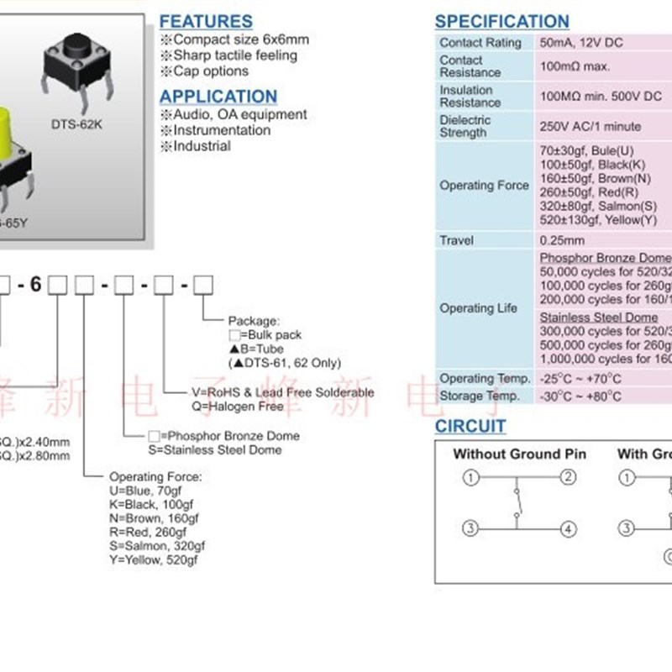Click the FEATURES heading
click(206, 21)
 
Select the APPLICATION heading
click(218, 96)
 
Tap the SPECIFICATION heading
click(501, 22)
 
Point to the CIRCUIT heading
click(470, 427)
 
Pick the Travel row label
click(456, 240)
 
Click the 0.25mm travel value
click(561, 240)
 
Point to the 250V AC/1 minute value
click(590, 126)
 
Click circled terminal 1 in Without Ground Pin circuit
click(471, 478)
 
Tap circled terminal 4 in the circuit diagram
click(569, 528)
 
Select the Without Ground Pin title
click(519, 454)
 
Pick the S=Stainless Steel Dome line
click(215, 449)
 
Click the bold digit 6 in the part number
click(34, 284)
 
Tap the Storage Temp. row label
click(480, 396)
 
